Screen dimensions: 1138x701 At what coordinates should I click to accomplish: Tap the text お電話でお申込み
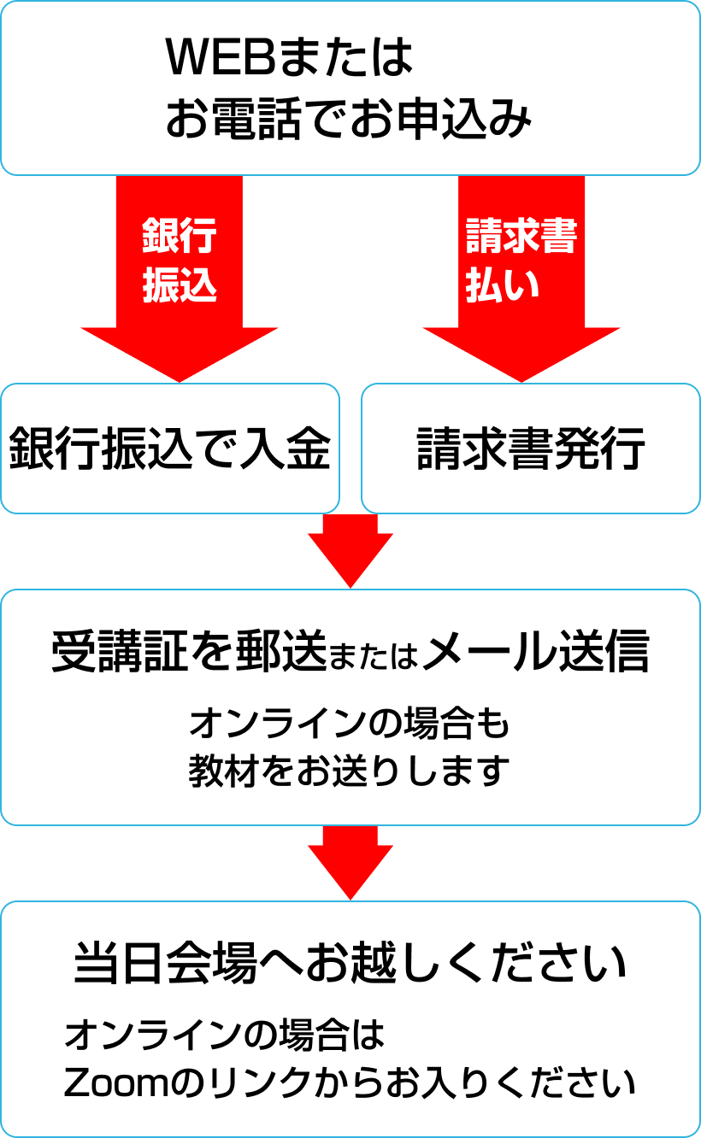pyautogui.click(x=349, y=120)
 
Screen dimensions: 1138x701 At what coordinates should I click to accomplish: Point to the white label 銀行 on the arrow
pyautogui.click(x=180, y=236)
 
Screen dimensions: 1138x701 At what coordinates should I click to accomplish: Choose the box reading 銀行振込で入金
pyautogui.click(x=170, y=449)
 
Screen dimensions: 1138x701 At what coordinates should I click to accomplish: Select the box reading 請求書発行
pyautogui.click(x=531, y=449)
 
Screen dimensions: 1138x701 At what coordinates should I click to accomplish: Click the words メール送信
pyautogui.click(x=536, y=654)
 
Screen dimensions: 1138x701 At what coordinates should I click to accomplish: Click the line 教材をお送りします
pyautogui.click(x=349, y=771)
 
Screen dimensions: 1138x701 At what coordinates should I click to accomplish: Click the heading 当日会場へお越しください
pyautogui.click(x=350, y=964)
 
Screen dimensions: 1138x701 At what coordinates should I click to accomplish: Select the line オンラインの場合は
pyautogui.click(x=225, y=1036)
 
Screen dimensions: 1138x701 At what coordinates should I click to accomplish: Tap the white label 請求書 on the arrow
pyautogui.click(x=521, y=236)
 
